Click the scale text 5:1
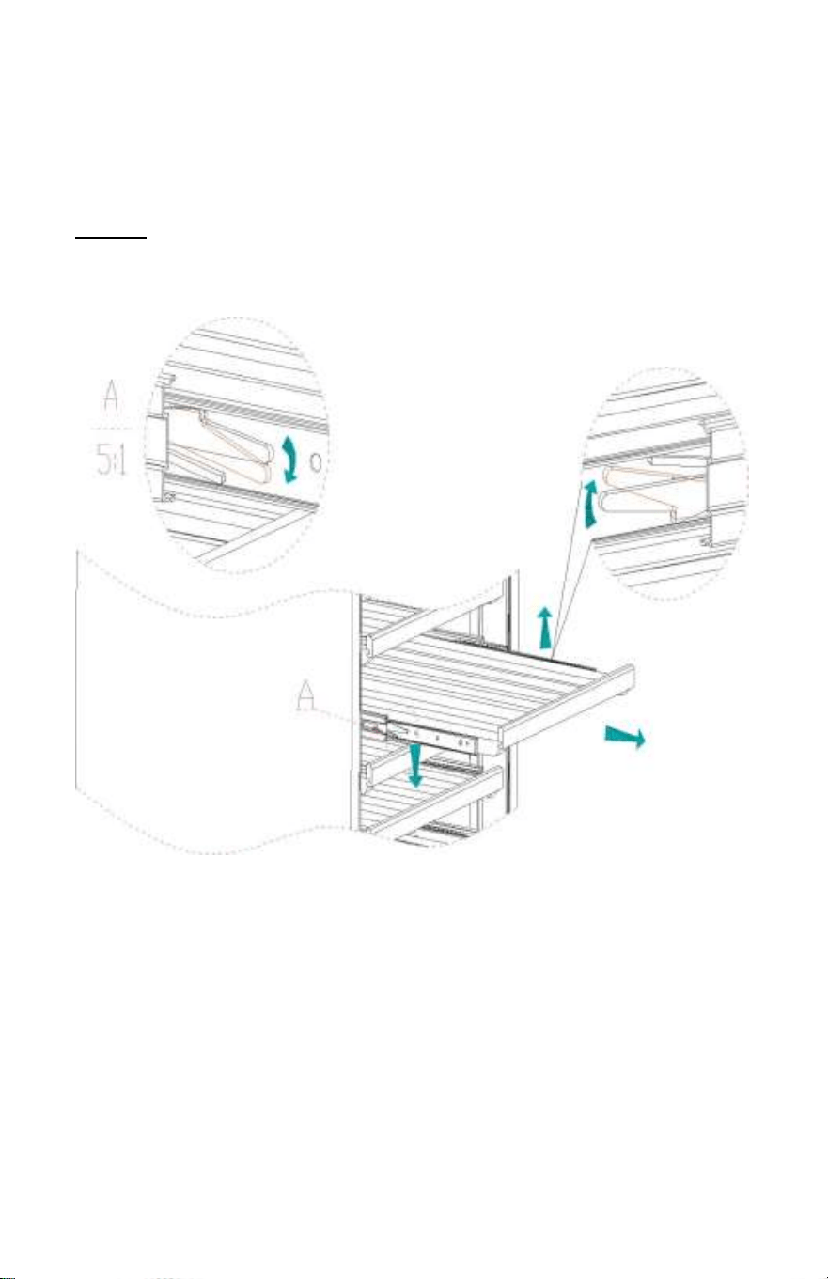(x=111, y=460)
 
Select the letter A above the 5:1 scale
(x=111, y=396)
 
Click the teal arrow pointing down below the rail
(x=415, y=764)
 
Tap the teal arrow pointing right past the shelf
(x=625, y=737)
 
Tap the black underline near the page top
(x=111, y=236)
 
